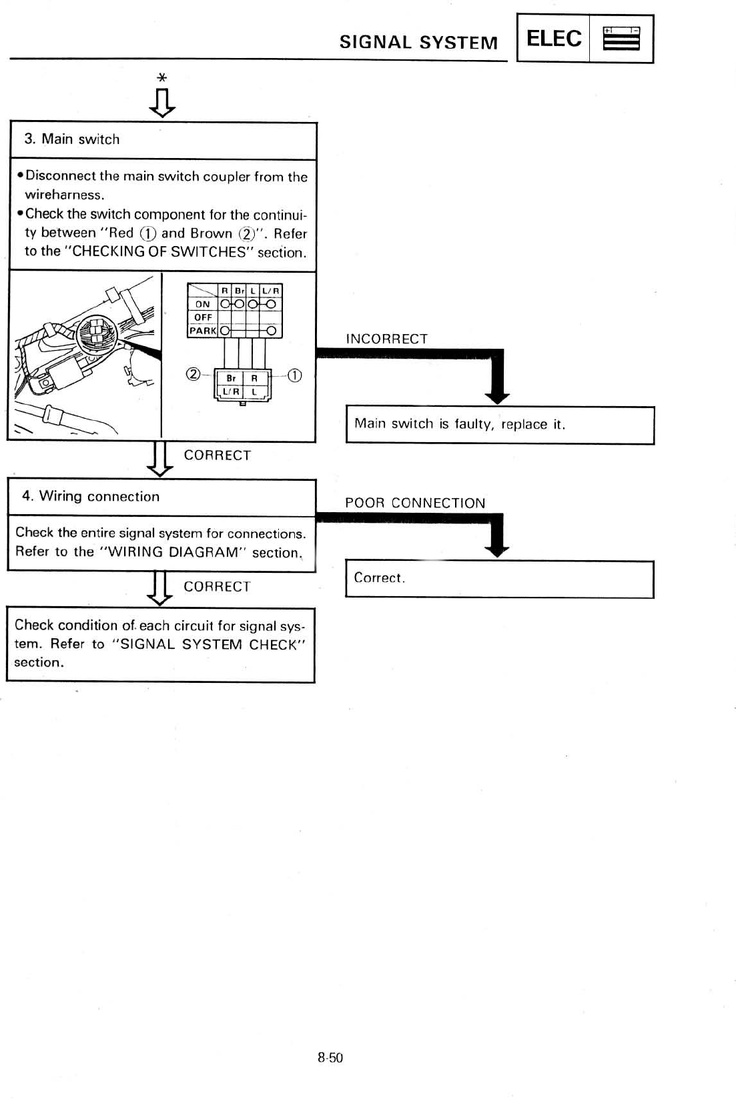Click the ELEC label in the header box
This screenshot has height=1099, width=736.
pos(553,39)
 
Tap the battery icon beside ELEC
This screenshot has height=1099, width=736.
pos(621,39)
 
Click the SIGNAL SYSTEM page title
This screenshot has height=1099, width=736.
pos(418,43)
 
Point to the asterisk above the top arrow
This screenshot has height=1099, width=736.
pos(161,78)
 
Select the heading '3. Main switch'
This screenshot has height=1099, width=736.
pos(72,139)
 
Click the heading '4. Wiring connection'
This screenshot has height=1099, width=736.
pos(91,497)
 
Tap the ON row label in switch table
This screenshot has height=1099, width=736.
pos(202,304)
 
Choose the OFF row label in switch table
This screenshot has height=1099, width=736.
pos(203,317)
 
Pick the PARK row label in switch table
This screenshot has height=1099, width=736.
pos(203,331)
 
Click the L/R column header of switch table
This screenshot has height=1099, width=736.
pos(272,290)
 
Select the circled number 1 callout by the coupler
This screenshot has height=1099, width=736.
pos(294,375)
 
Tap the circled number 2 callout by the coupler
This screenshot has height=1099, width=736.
pos(192,374)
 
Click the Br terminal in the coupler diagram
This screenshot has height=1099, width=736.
pos(231,378)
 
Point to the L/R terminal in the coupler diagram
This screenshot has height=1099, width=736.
pos(231,391)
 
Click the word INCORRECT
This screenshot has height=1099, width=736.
pos(386,339)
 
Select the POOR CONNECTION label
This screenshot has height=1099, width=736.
pos(415,503)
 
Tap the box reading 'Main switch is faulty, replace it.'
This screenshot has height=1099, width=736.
pos(499,425)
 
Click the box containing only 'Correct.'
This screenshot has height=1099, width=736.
pos(499,579)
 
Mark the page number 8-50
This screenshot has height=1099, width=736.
pos(330,1058)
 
